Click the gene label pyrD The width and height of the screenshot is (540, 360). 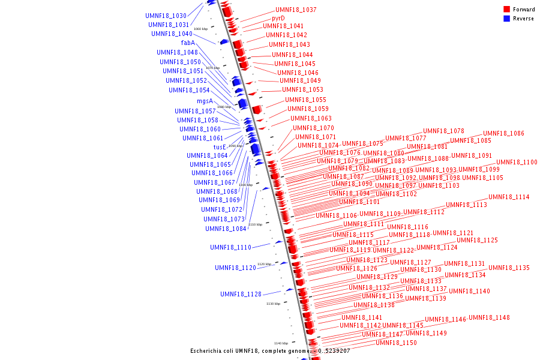pyautogui.click(x=278, y=18)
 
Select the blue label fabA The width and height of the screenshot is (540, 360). pyautogui.click(x=188, y=43)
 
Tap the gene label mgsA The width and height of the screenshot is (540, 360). pyautogui.click(x=205, y=101)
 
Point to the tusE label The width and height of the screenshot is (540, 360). pyautogui.click(x=220, y=147)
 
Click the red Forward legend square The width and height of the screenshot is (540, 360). pyautogui.click(x=506, y=10)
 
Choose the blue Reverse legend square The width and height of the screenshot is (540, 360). pyautogui.click(x=506, y=19)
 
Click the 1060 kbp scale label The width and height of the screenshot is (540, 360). pyautogui.click(x=200, y=29)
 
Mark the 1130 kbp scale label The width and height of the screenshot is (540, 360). pyautogui.click(x=273, y=304)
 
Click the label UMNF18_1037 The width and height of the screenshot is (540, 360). pyautogui.click(x=296, y=10)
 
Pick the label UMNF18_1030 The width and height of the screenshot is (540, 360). pyautogui.click(x=166, y=16)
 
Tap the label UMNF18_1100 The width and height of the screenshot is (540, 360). pyautogui.click(x=517, y=162)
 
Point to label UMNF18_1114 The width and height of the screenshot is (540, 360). pyautogui.click(x=509, y=197)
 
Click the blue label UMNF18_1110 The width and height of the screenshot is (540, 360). pyautogui.click(x=230, y=247)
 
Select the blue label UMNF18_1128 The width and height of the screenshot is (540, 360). pyautogui.click(x=241, y=294)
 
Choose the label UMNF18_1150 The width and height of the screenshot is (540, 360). pyautogui.click(x=396, y=343)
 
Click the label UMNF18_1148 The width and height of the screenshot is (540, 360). pyautogui.click(x=489, y=317)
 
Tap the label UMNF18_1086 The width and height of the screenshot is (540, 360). pyautogui.click(x=503, y=133)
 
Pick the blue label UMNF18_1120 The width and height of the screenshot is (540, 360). pyautogui.click(x=235, y=268)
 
